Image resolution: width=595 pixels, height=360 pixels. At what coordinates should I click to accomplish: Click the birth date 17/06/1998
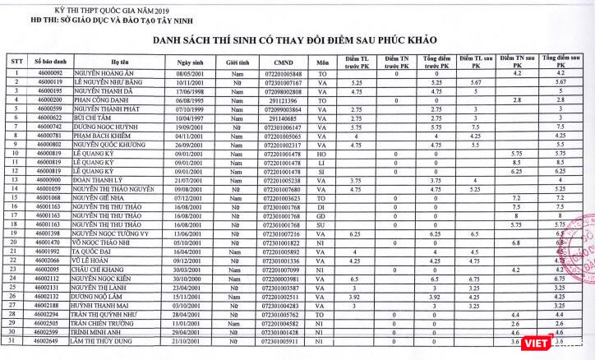tap(190, 91)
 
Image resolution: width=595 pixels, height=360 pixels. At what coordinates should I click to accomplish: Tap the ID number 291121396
tap(281, 99)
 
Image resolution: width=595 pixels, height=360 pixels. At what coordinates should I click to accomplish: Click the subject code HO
tap(323, 152)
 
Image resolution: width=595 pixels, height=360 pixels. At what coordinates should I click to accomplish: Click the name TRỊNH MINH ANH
tap(99, 332)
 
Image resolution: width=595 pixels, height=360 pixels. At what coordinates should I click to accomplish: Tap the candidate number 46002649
tap(49, 340)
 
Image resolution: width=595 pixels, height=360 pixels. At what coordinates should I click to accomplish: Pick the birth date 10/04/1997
tap(190, 118)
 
